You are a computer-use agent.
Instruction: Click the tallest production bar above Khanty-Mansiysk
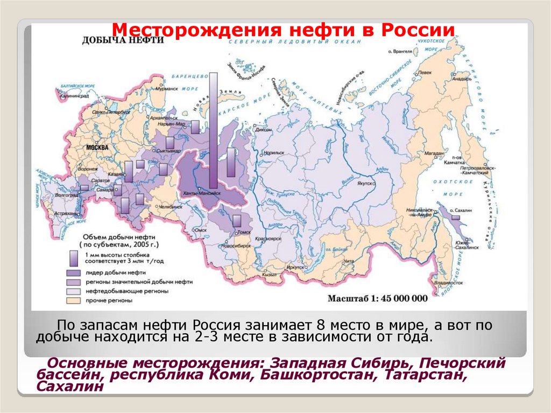point(214,124)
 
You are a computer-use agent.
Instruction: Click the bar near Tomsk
point(237,220)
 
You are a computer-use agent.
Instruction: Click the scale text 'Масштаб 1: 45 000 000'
point(377,298)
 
